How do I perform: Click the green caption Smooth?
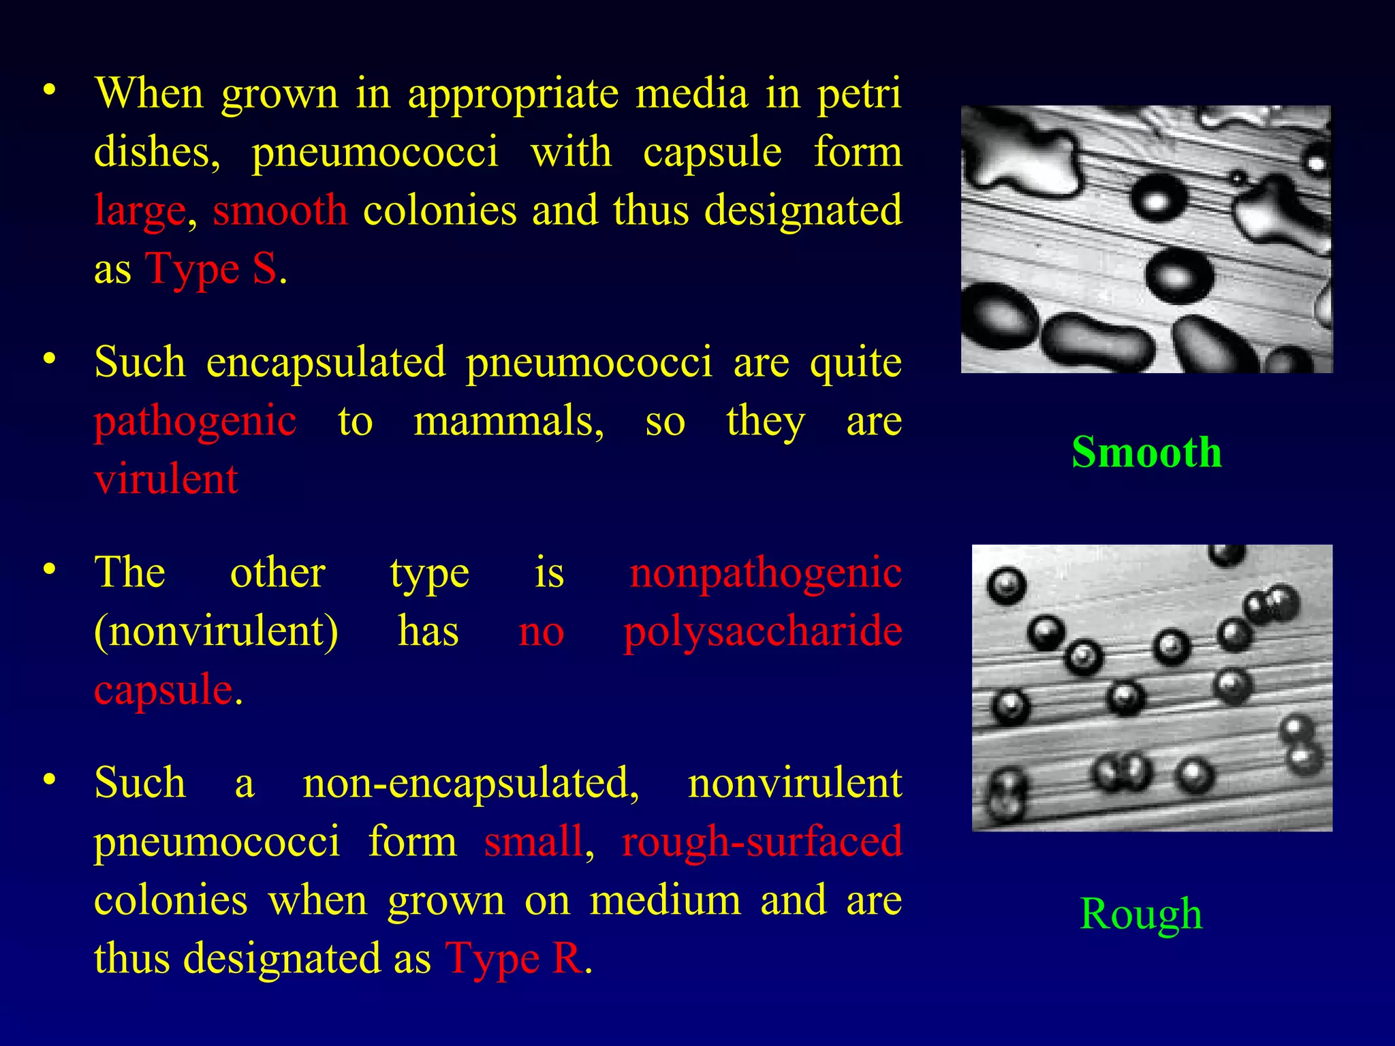1146,452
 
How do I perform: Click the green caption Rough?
1141,914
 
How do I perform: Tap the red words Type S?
211,269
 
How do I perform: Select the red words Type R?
514,959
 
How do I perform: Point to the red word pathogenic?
195,421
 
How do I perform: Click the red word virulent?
166,479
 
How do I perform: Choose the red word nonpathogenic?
766,573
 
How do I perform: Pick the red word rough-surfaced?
762,842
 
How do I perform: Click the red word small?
533,842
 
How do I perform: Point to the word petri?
860,94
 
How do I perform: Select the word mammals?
508,421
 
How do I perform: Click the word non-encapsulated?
471,783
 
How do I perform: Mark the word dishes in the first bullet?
156,151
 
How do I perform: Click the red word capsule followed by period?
163,689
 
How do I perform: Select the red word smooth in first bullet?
280,210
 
